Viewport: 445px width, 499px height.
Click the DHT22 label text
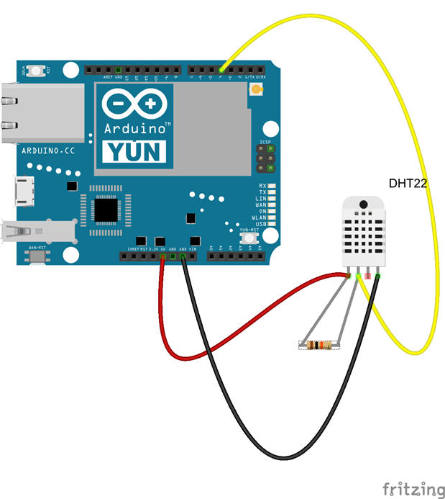point(408,184)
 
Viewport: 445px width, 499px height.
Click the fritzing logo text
point(413,490)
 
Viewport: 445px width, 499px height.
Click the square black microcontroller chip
point(107,209)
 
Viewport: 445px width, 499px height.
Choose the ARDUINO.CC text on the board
point(48,151)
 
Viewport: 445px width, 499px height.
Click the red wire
point(216,338)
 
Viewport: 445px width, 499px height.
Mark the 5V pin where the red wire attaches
point(163,256)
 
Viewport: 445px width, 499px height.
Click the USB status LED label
point(262,225)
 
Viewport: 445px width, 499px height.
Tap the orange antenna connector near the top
point(255,90)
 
